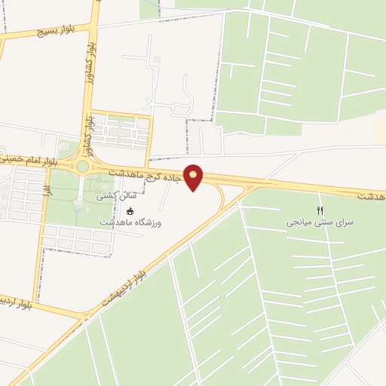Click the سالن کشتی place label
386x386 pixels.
[111, 196]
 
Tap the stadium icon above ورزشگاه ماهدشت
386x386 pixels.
[131, 211]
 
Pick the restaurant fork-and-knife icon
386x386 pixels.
[320, 210]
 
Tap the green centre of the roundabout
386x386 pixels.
[81, 166]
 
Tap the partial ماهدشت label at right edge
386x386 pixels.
[371, 195]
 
